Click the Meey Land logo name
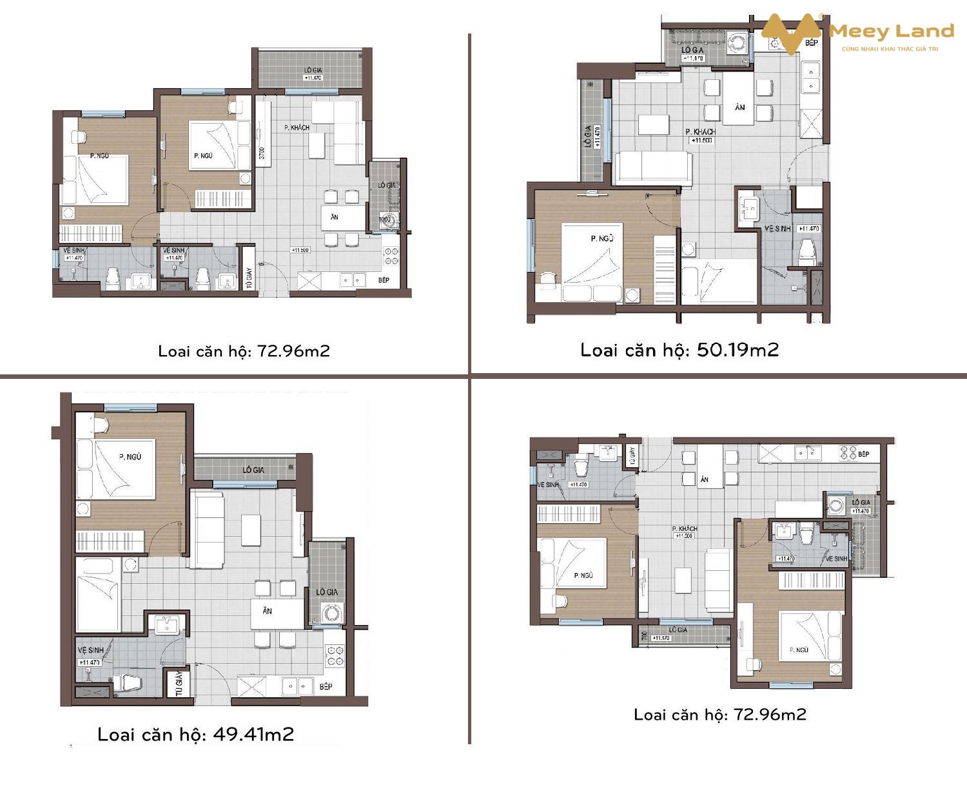(891, 31)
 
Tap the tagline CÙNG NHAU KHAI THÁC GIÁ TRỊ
(890, 49)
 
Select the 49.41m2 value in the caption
(253, 734)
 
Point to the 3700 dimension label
(262, 153)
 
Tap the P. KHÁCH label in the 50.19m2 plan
(701, 131)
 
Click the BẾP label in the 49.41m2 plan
(326, 686)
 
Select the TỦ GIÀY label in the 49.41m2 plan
(179, 683)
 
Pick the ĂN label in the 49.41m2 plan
(267, 611)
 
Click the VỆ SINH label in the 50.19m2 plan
(777, 229)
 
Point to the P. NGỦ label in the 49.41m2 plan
(130, 457)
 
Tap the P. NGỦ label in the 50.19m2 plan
(602, 238)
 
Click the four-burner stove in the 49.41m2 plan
(335, 656)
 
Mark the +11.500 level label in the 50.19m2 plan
(701, 140)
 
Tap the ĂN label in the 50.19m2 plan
(740, 107)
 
